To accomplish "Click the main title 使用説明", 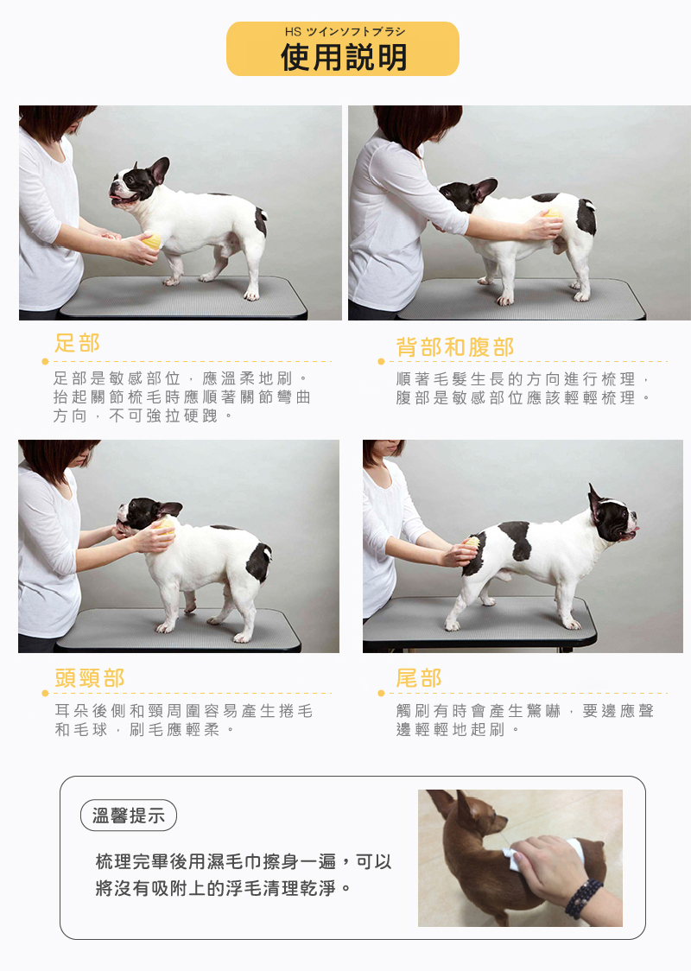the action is click(344, 58).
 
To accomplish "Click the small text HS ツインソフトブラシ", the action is click(345, 32).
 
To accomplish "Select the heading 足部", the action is click(77, 342).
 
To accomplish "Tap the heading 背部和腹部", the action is click(455, 346).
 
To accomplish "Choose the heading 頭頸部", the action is click(90, 678).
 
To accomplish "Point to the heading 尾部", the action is click(419, 678).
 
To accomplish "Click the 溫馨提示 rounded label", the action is click(129, 816).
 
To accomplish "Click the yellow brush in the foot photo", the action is click(152, 241).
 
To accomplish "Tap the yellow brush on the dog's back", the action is click(552, 214).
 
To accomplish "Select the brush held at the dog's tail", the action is click(472, 543).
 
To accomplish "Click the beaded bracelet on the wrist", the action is click(583, 898).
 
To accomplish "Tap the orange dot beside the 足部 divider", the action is click(45, 362).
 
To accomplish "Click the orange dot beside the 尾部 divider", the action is click(382, 693).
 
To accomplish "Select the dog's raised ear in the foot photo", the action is click(159, 169).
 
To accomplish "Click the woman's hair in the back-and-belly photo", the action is click(419, 126).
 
